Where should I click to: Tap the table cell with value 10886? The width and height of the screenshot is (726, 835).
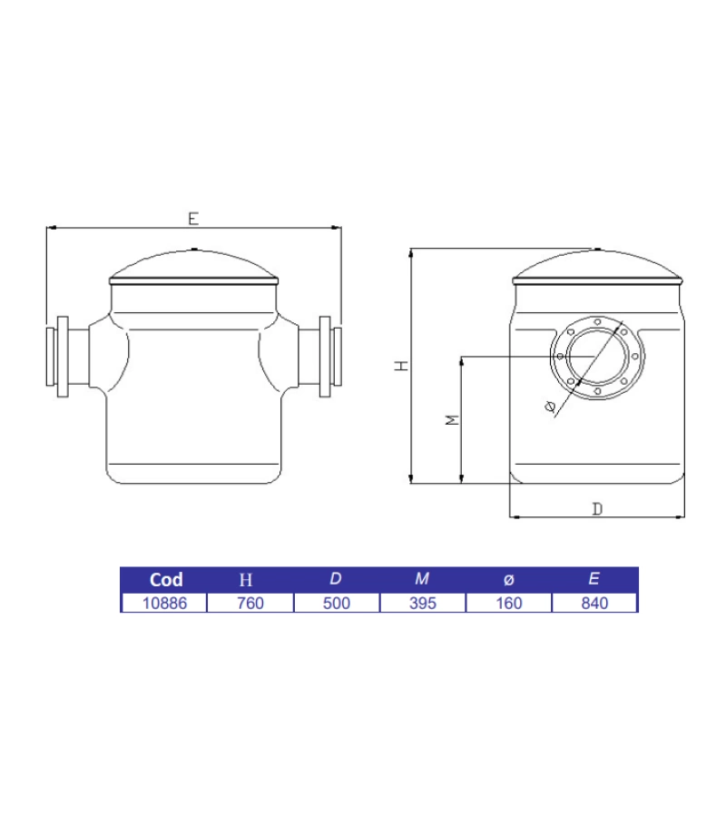164,603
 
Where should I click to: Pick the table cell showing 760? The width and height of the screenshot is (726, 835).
250,603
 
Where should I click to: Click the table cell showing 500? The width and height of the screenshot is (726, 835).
337,603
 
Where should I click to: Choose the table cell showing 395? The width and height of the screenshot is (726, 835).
423,603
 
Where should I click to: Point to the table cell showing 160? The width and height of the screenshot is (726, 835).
509,603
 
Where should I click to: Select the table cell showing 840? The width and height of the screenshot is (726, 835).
594,603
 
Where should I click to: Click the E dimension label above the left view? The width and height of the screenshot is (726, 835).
192,218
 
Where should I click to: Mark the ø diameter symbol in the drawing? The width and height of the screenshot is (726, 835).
550,408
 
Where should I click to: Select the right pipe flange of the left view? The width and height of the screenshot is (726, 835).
326,357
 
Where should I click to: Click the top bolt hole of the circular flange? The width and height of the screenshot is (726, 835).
596,321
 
